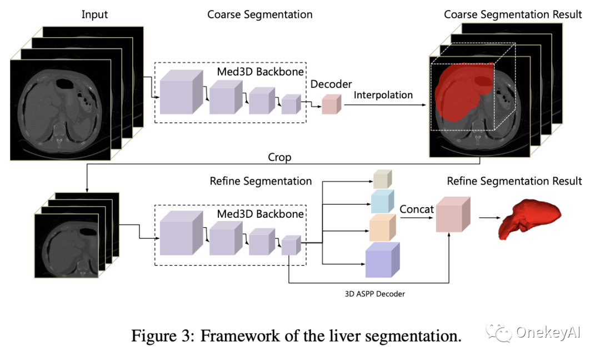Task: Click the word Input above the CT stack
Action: (94, 14)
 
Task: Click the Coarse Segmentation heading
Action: (259, 14)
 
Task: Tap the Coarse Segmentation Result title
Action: (513, 14)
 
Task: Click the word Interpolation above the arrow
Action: (383, 95)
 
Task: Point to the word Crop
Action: (279, 158)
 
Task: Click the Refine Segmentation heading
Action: (261, 181)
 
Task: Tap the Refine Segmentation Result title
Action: (514, 181)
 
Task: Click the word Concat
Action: (417, 209)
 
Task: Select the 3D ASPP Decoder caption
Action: (376, 293)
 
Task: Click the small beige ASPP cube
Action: (382, 179)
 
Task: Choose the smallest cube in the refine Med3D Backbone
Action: (291, 245)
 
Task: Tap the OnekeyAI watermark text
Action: (547, 332)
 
